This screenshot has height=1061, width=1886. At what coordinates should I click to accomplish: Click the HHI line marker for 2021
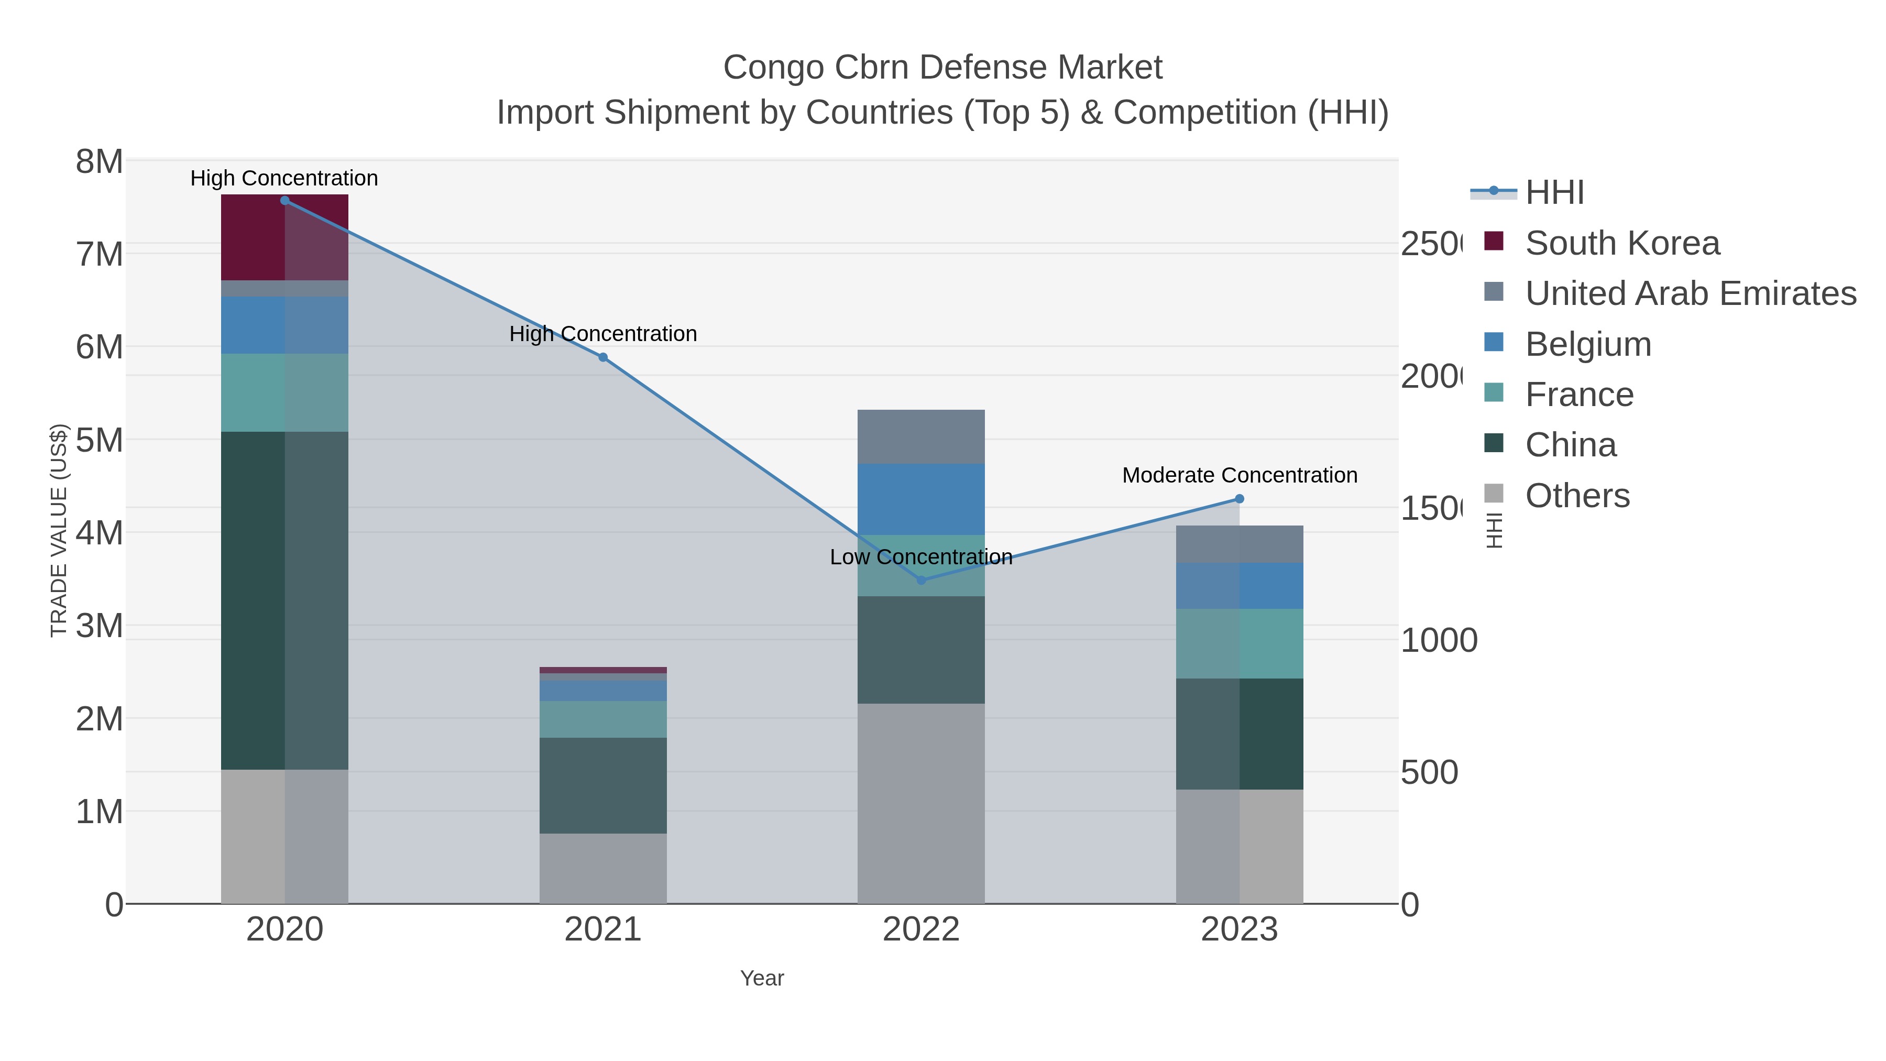602,357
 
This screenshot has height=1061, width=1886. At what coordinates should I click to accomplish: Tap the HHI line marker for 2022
921,580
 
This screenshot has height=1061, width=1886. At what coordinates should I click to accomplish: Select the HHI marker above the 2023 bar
1240,499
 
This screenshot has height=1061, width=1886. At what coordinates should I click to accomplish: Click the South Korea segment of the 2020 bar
284,238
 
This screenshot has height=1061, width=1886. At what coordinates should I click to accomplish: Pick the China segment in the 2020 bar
284,600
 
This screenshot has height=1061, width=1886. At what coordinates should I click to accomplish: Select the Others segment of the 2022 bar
921,803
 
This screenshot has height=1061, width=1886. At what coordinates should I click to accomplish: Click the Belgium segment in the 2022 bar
921,499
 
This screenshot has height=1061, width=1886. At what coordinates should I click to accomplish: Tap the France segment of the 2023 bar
1240,643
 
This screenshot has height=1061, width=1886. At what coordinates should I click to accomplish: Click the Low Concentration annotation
921,557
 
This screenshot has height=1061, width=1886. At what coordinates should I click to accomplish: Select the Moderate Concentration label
1240,475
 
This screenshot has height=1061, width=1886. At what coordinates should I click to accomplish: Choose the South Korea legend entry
1621,243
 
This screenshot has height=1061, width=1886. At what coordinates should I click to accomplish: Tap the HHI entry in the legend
1554,193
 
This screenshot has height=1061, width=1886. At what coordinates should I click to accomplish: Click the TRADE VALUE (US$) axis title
59,531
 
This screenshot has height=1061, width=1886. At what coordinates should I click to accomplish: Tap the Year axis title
761,978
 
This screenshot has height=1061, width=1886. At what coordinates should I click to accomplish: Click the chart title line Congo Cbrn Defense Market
942,68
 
